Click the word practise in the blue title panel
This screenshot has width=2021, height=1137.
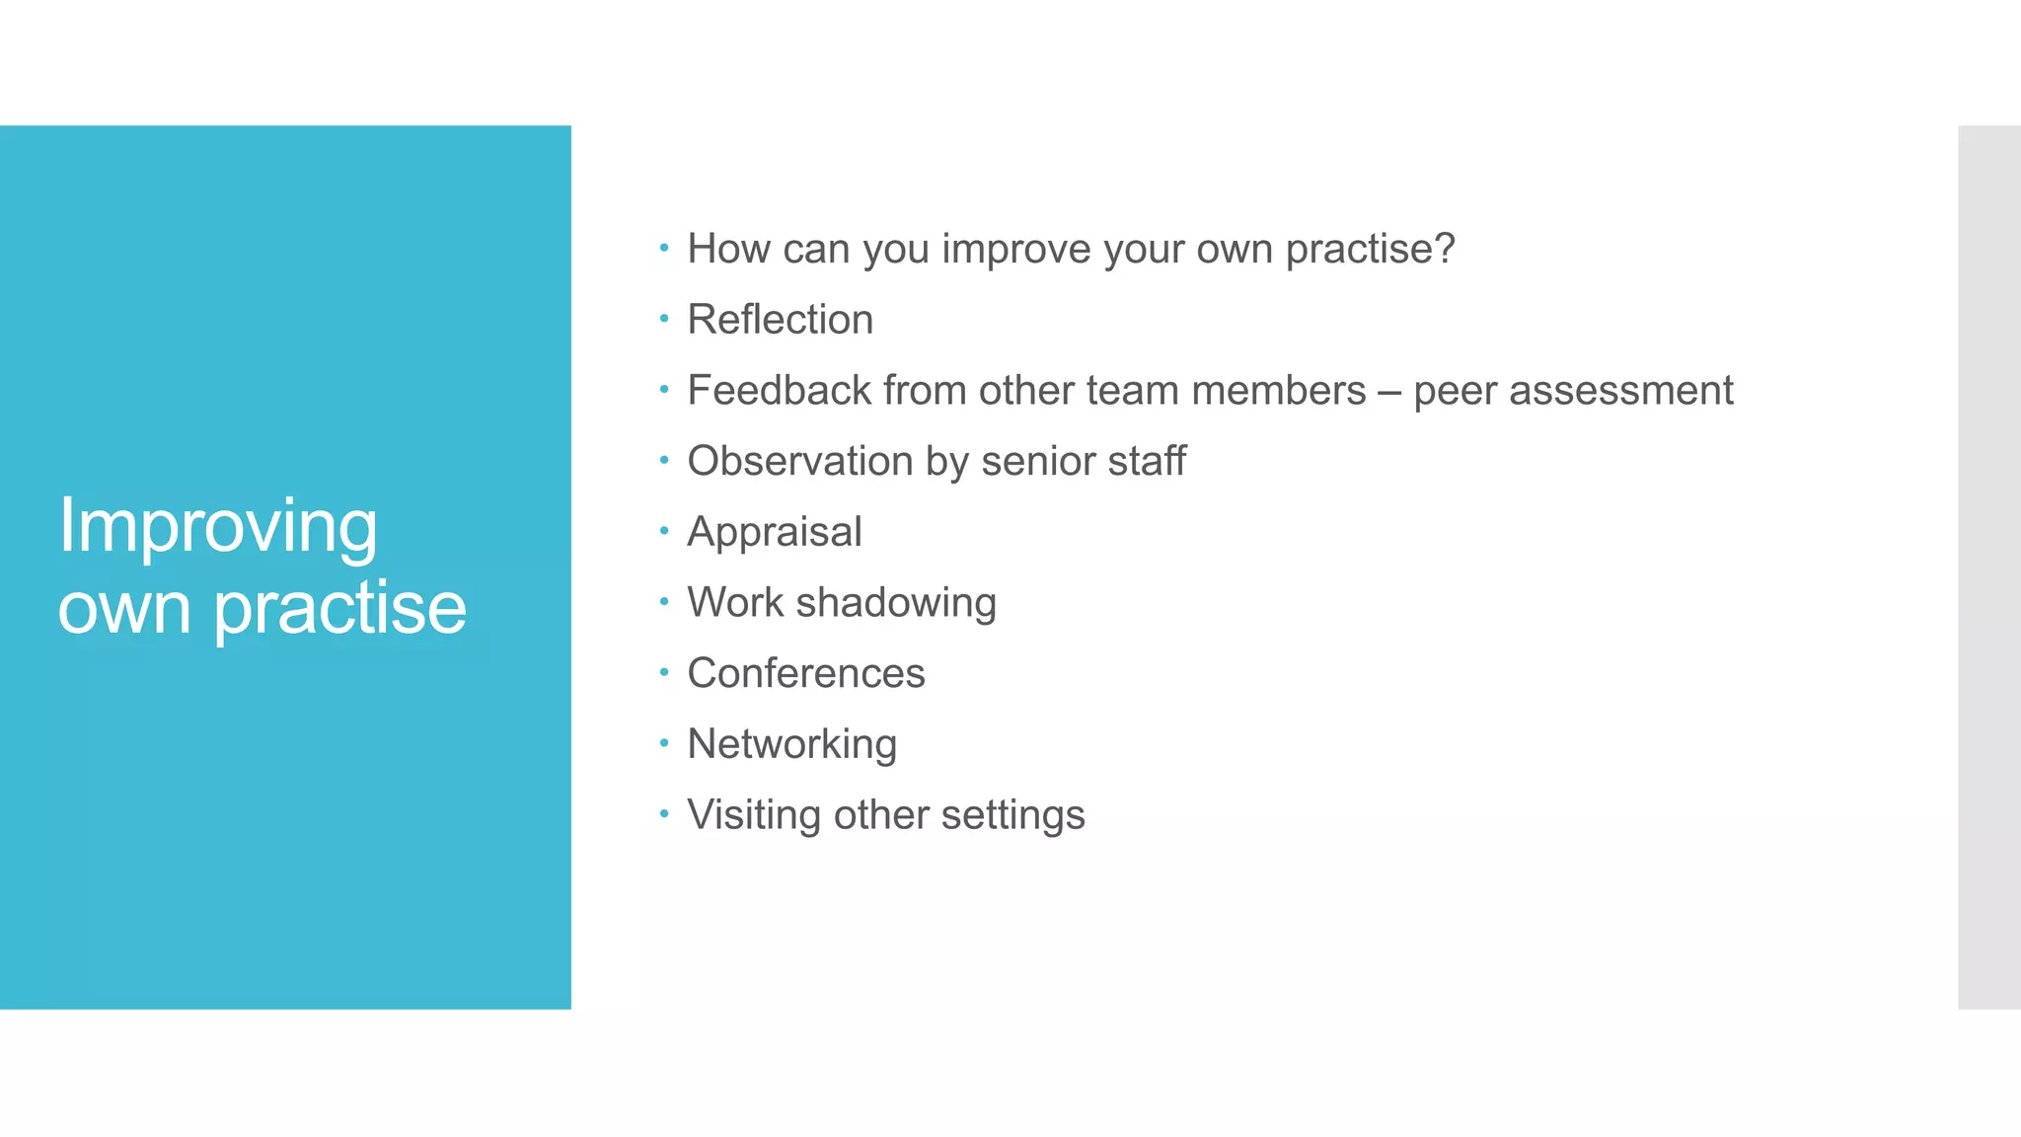click(x=339, y=609)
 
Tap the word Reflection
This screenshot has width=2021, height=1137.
click(x=780, y=320)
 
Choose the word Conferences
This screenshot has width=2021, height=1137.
click(x=805, y=674)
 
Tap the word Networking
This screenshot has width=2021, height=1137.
click(x=791, y=744)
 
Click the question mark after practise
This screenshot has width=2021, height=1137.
click(x=1444, y=249)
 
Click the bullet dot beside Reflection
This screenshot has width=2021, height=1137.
click(x=664, y=319)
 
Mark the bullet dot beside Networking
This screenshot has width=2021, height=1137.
click(x=664, y=743)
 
